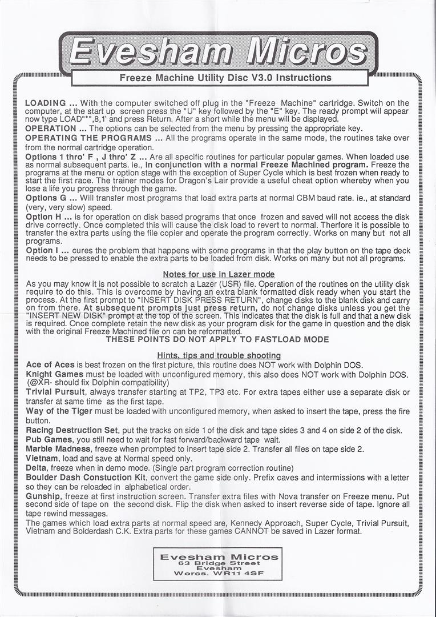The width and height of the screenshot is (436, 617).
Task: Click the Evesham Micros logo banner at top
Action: point(217,54)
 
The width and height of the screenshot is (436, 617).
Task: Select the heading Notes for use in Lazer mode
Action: point(219,275)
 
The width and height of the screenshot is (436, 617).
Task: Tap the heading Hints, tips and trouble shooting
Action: point(219,355)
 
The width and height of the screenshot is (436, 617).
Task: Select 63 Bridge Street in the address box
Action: point(219,563)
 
